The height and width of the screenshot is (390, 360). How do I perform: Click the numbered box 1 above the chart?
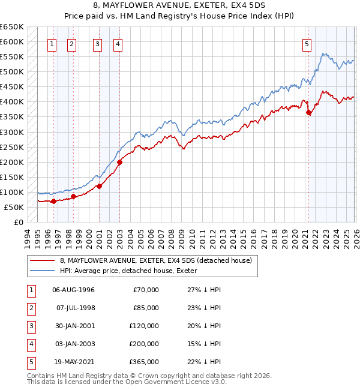coord(52,43)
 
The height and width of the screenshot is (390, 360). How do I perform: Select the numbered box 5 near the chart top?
coord(307,43)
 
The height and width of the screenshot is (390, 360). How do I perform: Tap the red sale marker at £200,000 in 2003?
coord(119,162)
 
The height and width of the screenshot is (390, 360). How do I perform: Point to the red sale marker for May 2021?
coord(308,112)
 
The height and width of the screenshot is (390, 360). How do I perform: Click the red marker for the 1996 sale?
coord(54,201)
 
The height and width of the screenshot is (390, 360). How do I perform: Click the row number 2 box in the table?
coord(30,308)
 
